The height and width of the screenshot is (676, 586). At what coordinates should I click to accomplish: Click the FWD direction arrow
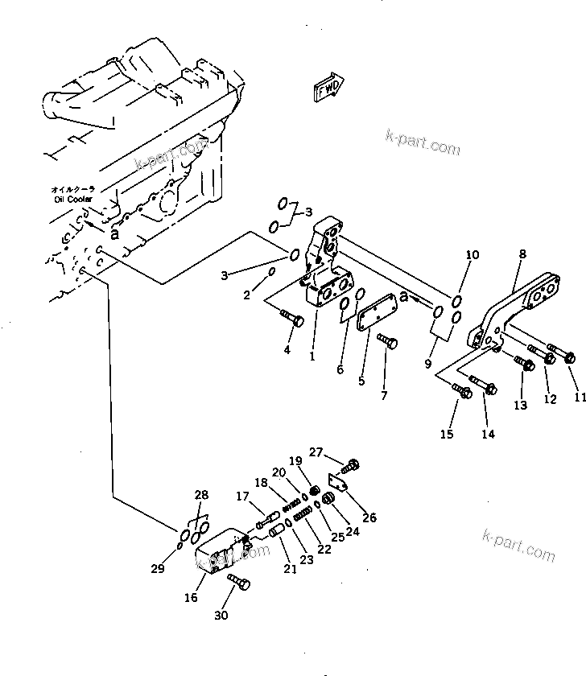[327, 88]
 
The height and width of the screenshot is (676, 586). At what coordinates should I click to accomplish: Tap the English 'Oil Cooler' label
[74, 199]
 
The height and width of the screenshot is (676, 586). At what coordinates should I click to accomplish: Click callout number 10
[473, 254]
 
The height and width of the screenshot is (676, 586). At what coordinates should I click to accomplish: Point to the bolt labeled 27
[352, 465]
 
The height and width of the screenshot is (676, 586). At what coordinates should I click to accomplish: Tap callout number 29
[159, 569]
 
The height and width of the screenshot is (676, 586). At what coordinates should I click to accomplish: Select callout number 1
[312, 355]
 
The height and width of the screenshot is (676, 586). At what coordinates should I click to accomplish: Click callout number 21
[291, 569]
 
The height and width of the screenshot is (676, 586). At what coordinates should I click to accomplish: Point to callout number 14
[489, 434]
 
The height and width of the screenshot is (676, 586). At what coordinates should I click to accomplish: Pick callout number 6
[340, 369]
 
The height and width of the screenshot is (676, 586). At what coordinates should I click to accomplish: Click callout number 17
[242, 497]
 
